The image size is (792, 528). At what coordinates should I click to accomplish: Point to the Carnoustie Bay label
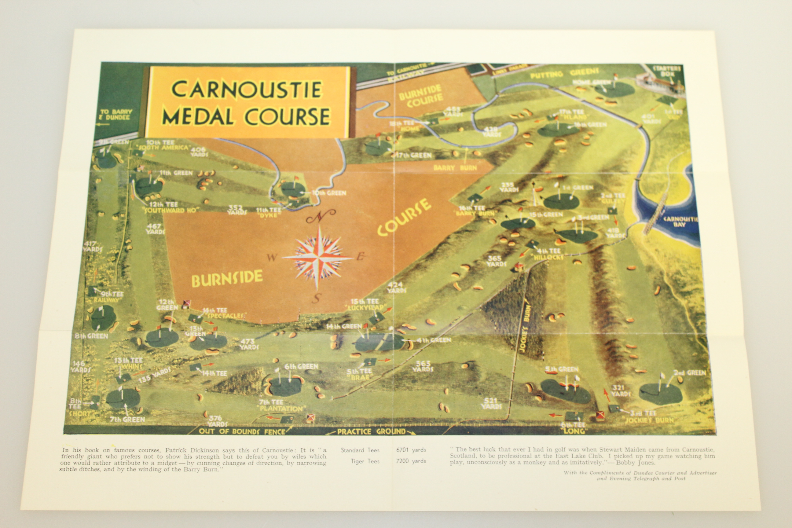click(680, 222)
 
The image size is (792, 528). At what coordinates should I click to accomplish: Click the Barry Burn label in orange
click(455, 168)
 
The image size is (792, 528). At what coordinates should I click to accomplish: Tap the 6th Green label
click(301, 366)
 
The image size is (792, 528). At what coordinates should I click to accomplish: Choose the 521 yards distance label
click(492, 403)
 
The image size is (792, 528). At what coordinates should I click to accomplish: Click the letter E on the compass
click(360, 257)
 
